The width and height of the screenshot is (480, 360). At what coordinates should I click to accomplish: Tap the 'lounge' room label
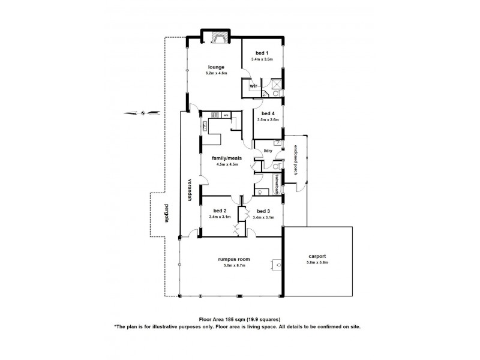click(216, 67)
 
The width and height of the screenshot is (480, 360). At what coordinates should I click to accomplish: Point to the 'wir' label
click(253, 85)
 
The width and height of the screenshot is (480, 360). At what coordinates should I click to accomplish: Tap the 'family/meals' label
click(226, 158)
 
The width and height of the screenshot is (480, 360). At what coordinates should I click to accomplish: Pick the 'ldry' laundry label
click(268, 151)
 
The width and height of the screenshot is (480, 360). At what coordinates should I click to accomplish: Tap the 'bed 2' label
click(220, 211)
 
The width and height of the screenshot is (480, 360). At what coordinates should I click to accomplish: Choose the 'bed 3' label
click(263, 211)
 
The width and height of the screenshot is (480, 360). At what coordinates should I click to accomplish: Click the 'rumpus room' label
click(233, 259)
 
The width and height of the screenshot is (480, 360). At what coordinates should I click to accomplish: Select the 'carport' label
click(317, 256)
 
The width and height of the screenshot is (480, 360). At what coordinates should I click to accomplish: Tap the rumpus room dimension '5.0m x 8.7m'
click(233, 266)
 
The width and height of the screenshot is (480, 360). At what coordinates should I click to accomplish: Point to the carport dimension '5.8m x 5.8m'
click(317, 262)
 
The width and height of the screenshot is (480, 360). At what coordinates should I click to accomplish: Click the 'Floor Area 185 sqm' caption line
click(239, 319)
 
